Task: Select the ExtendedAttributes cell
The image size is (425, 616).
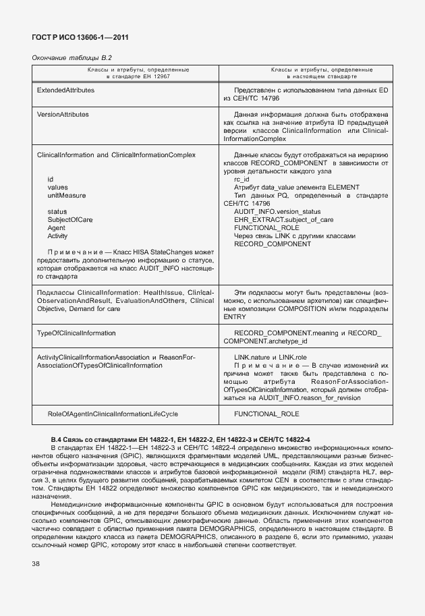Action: pos(65,89)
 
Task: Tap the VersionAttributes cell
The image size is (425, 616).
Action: pos(63,114)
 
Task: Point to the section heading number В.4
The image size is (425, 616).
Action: pos(58,440)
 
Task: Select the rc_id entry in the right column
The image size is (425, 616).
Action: pos(242,179)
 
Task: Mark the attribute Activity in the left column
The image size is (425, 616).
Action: pos(57,236)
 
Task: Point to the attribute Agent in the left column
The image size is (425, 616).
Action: pos(56,228)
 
